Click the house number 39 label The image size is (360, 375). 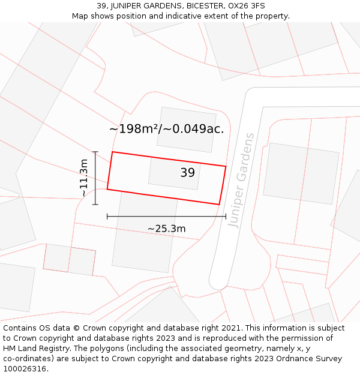coord(187,173)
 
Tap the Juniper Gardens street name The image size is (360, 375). coord(242,179)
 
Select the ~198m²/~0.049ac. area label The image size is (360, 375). coord(166,129)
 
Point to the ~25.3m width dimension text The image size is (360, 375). coord(166,229)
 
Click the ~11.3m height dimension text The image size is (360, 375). coord(84,178)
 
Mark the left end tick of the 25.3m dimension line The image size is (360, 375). coord(107,216)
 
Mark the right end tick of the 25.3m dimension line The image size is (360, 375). coord(226,216)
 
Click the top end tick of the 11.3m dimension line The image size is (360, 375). coord(95,152)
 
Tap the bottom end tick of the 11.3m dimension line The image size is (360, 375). coord(95,204)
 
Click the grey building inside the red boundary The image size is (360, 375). coord(174,173)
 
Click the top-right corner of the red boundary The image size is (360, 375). coord(226,166)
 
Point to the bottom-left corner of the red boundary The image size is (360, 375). coord(107,190)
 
